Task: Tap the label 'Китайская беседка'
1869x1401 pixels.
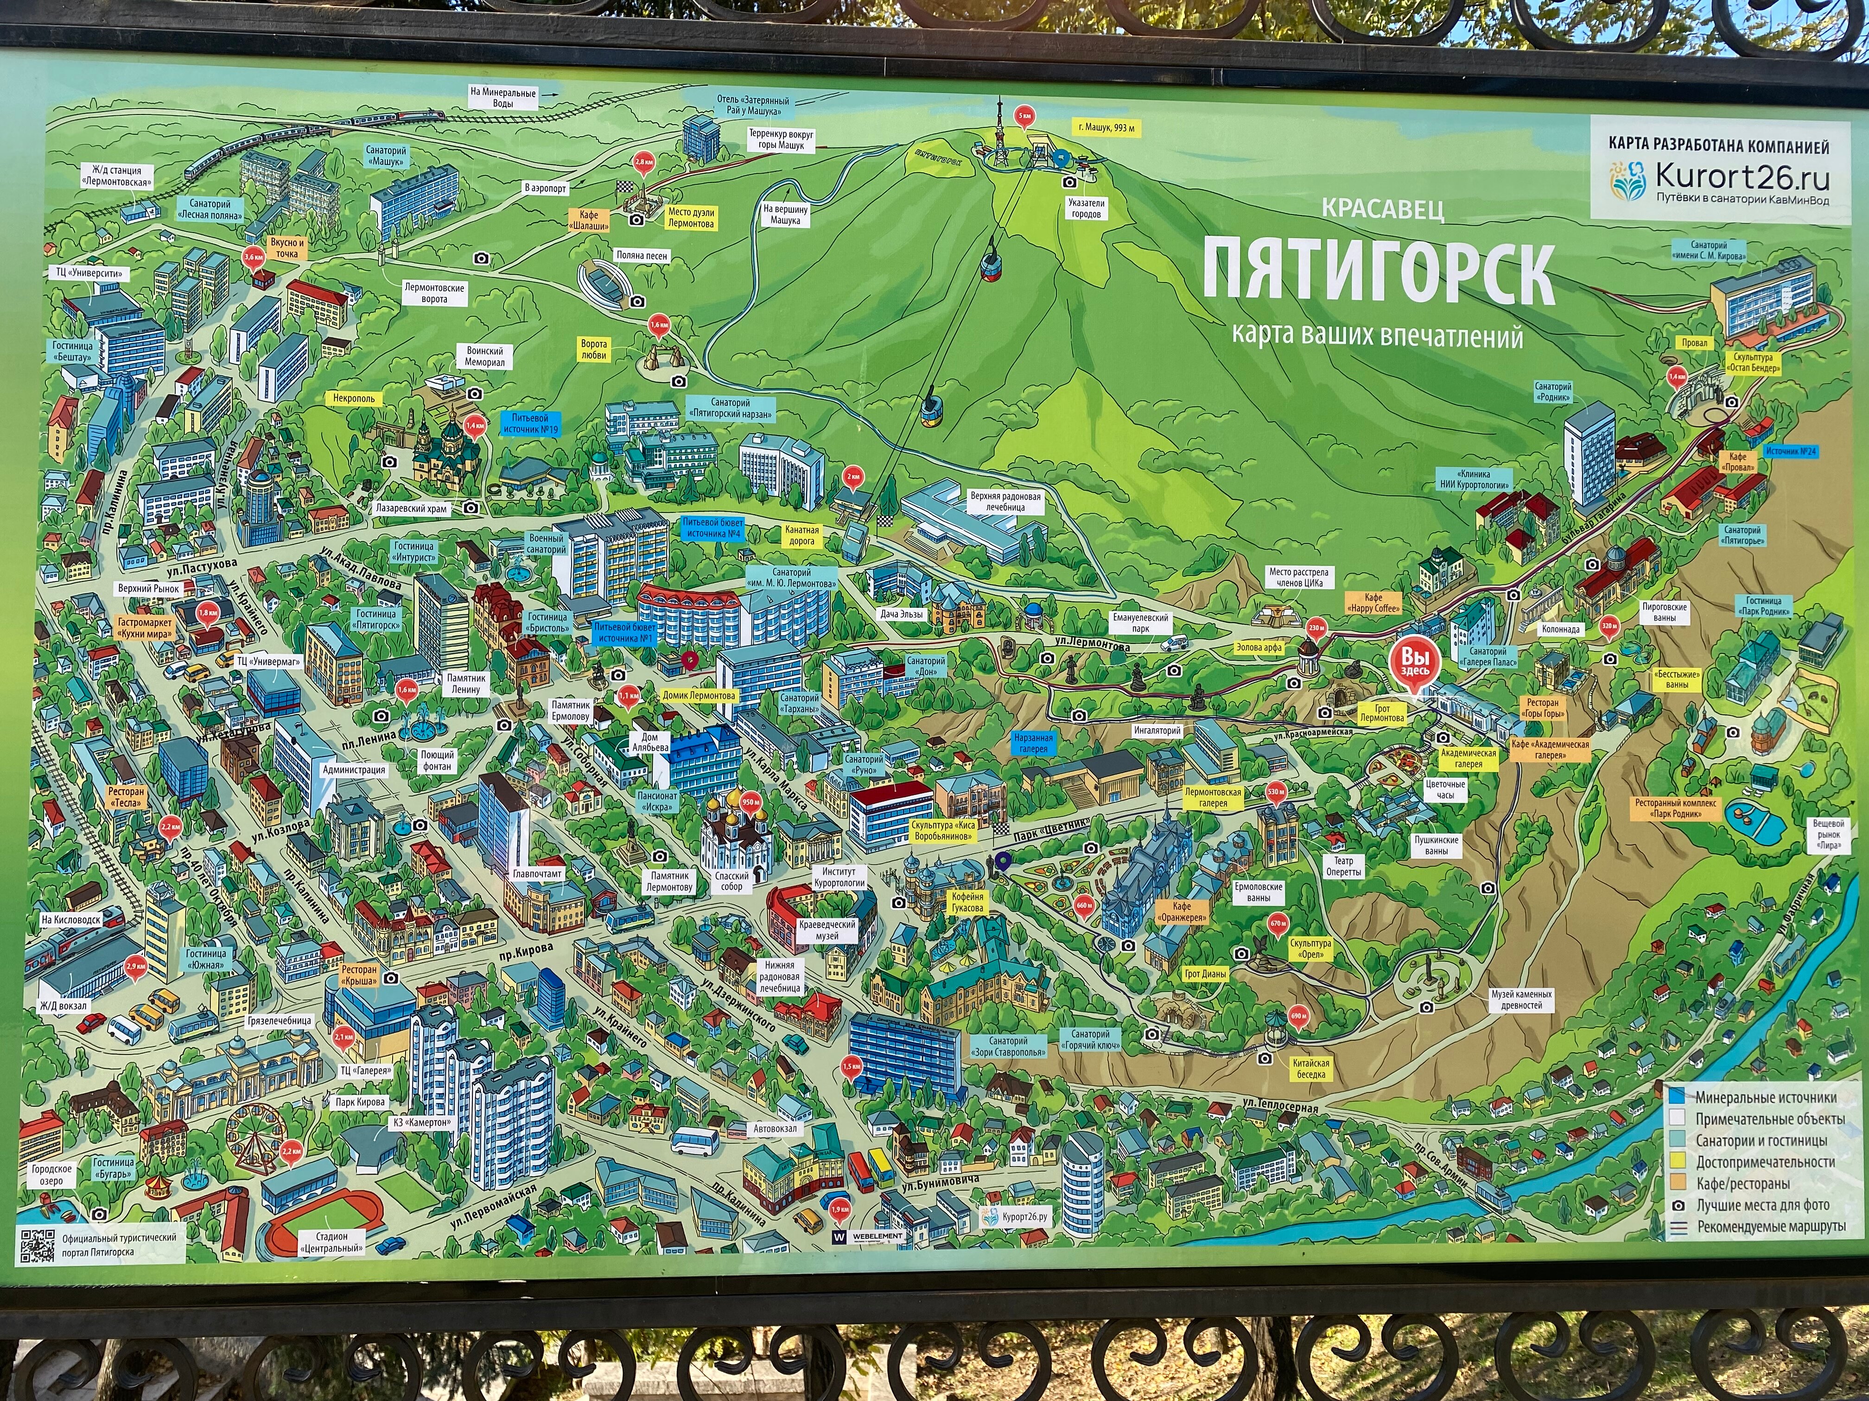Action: pos(1312,1070)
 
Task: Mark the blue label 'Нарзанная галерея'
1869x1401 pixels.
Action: pos(1032,743)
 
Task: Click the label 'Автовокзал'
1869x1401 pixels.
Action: pos(776,1128)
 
